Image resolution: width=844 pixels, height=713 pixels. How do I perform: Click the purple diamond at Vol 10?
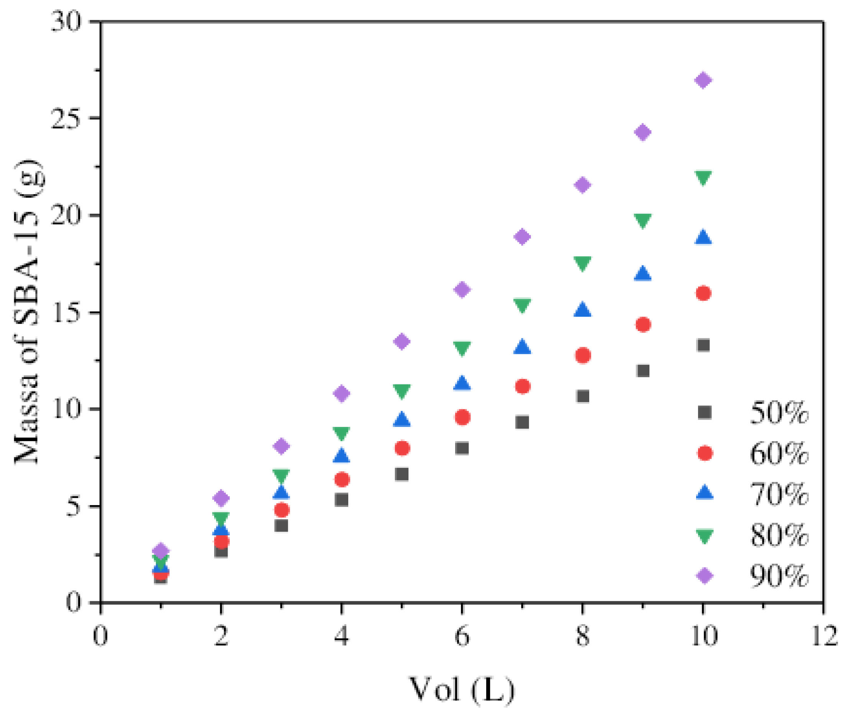point(703,80)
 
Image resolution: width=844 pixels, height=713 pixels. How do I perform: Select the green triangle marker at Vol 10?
point(703,177)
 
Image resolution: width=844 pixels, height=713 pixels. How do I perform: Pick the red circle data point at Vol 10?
point(703,293)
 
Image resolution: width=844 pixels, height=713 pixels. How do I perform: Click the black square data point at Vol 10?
point(703,345)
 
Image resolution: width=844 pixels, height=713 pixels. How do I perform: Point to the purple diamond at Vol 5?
point(402,342)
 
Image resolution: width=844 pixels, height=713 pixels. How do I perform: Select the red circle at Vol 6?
point(462,417)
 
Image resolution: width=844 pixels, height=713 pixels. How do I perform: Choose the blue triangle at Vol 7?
point(522,347)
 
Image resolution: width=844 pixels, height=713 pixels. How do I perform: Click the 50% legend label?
point(778,413)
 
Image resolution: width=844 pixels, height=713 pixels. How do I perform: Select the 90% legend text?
point(778,576)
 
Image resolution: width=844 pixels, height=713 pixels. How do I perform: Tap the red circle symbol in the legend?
point(705,453)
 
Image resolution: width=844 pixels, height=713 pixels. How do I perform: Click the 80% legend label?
point(778,535)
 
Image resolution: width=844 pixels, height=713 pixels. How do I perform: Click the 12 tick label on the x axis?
point(823,636)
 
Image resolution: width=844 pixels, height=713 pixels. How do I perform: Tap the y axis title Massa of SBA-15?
point(28,311)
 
